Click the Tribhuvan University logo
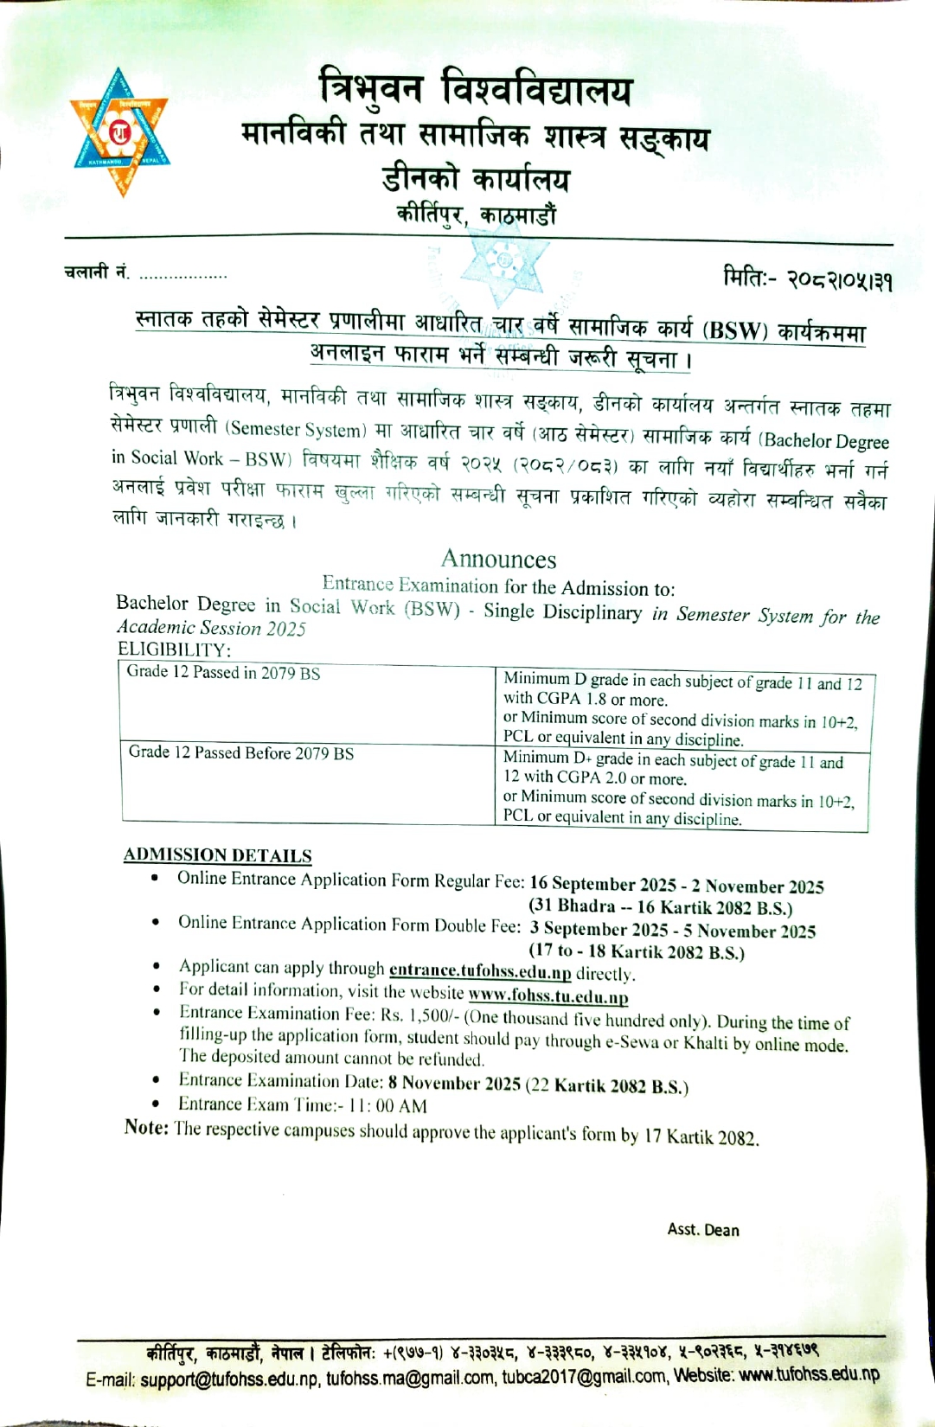coord(119,131)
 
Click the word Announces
coord(498,559)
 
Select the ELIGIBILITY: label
coord(174,649)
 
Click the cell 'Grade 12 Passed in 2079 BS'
coord(223,672)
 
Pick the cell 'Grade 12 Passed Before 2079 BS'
coord(241,752)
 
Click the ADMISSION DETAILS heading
coord(217,854)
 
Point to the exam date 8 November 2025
coord(454,1083)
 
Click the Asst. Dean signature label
coord(703,1229)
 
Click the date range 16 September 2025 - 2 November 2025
coord(676,885)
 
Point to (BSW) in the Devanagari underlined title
coord(735,330)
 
